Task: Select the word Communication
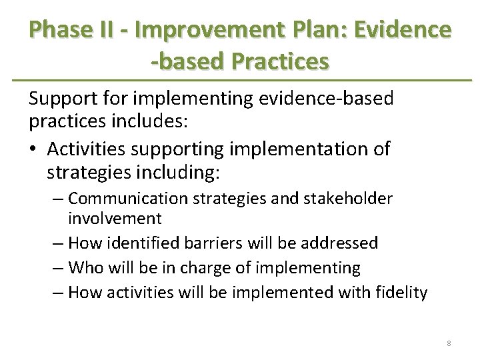coord(125,199)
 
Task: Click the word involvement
coord(115,218)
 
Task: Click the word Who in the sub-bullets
coord(85,268)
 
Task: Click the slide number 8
coord(449,343)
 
